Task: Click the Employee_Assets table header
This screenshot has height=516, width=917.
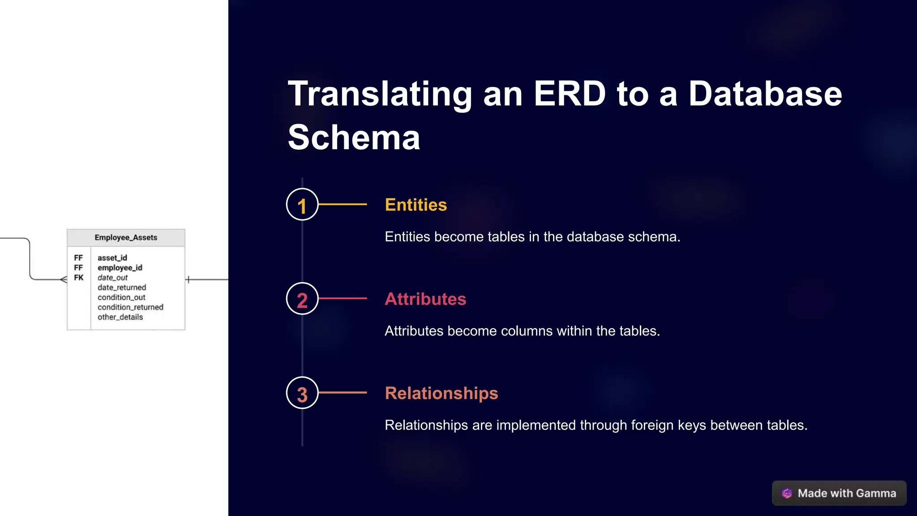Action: [126, 237]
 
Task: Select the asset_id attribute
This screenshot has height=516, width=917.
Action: [112, 258]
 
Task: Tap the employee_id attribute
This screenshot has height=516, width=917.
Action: [120, 268]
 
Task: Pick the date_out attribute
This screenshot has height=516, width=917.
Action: [113, 278]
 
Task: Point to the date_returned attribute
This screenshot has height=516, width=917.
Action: [122, 288]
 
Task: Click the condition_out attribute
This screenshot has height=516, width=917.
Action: [122, 297]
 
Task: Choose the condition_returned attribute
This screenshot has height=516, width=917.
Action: [130, 307]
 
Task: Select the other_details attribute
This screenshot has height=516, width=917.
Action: [120, 317]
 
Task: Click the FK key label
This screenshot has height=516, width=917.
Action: [79, 278]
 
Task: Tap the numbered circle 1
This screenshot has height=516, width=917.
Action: [302, 205]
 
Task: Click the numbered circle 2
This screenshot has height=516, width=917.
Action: [302, 299]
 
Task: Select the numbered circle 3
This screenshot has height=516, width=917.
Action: [302, 393]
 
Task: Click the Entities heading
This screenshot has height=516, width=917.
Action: [416, 205]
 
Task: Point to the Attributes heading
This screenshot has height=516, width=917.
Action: [425, 299]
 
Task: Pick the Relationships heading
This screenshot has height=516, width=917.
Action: [441, 393]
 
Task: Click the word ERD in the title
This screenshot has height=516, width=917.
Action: [570, 94]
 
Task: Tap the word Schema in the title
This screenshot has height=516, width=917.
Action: [354, 138]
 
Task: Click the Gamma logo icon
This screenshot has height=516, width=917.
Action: [787, 493]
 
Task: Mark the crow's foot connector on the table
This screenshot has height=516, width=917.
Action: [63, 279]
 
